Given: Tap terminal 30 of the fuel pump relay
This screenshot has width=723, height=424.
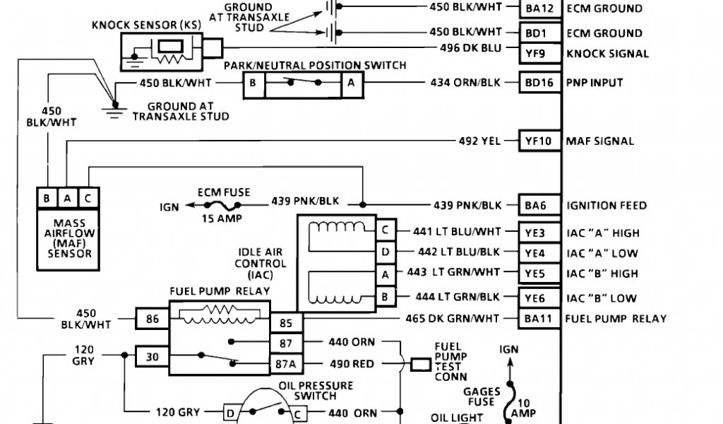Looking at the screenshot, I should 153,357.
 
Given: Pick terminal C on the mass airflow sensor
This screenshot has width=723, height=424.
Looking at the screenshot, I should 87,199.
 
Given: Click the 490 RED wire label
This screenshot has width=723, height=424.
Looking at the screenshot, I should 352,365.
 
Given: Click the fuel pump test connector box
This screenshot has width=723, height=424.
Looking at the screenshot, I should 421,365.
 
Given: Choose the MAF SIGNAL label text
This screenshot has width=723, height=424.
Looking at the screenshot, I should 600,141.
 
